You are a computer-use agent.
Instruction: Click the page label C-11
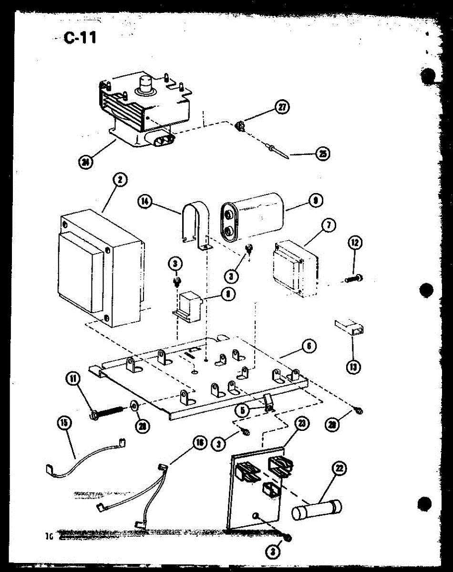(x=80, y=38)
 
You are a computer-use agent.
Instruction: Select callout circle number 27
(x=282, y=107)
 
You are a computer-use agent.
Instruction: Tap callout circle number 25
(x=324, y=154)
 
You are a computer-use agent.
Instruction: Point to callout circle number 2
(x=120, y=180)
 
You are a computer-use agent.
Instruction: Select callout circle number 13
(x=354, y=367)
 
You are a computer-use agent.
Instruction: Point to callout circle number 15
(x=64, y=422)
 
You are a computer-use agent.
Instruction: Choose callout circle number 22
(x=340, y=469)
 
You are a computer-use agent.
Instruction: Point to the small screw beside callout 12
(x=354, y=277)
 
